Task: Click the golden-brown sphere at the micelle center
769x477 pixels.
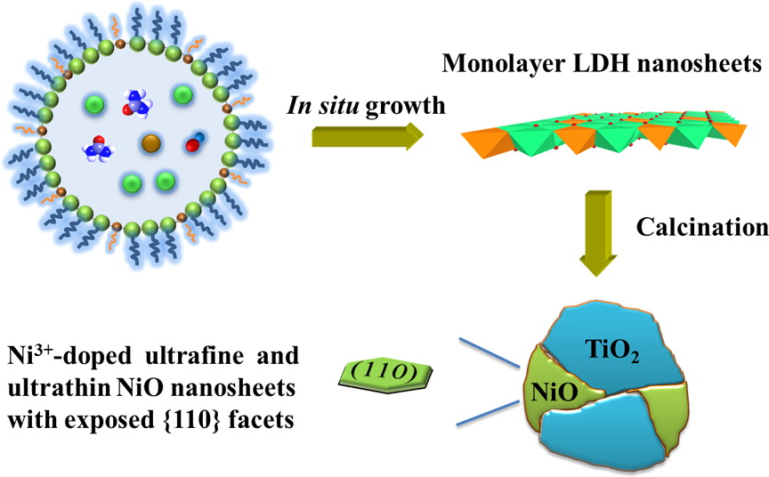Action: (151, 143)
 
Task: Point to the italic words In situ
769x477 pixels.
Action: (322, 105)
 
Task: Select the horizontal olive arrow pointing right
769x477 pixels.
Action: (368, 136)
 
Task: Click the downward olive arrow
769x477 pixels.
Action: (598, 233)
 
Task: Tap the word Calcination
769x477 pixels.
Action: (702, 227)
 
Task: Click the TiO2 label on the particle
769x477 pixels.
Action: (612, 350)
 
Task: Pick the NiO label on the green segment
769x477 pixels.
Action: (554, 392)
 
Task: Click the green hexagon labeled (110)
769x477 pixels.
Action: (386, 376)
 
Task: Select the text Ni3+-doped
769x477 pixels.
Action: (69, 355)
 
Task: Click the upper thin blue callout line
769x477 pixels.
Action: (489, 352)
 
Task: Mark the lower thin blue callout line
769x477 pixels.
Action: (488, 413)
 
